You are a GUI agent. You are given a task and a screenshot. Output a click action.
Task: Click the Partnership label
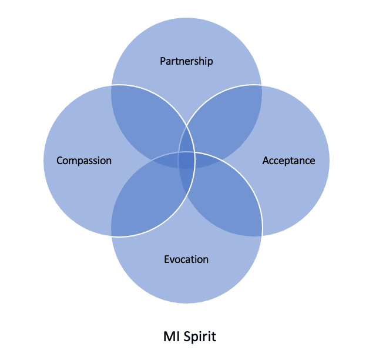(186, 61)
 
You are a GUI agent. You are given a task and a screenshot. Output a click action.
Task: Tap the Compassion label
(84, 161)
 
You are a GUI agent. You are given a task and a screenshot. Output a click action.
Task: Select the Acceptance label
(288, 161)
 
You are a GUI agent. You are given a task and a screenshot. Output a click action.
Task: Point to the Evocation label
(186, 259)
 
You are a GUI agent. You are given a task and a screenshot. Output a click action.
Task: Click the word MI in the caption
(170, 337)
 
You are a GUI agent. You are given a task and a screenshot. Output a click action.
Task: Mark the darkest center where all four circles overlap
(186, 160)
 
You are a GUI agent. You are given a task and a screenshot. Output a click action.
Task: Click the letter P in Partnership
(163, 61)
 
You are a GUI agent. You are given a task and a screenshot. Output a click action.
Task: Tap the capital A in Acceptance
(266, 161)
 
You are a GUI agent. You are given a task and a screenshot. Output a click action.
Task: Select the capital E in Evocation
(167, 259)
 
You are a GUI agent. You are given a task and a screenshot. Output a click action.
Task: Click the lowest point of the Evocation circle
(186, 304)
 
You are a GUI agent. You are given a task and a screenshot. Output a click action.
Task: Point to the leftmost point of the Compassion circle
(43, 161)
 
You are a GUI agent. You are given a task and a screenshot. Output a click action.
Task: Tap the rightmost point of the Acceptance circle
(330, 161)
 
